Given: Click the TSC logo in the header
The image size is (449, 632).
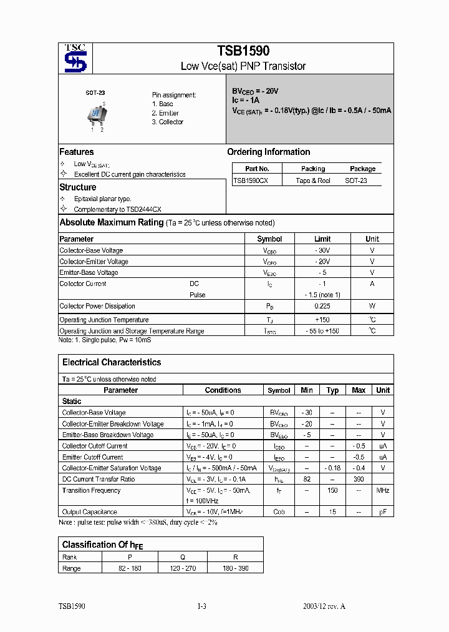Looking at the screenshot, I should click(x=76, y=59).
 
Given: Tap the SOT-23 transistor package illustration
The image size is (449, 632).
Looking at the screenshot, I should click(x=97, y=115).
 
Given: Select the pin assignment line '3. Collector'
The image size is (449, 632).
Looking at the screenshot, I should click(x=167, y=122).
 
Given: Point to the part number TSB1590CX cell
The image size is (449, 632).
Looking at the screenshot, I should click(x=251, y=180).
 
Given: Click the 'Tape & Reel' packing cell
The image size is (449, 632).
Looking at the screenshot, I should click(x=313, y=180).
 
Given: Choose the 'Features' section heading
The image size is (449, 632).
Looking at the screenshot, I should click(x=77, y=152).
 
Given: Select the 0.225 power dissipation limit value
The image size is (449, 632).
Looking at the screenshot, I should click(x=322, y=306).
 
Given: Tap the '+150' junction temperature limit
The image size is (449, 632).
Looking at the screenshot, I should click(x=322, y=320).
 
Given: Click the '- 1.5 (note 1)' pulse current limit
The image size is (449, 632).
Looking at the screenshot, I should click(x=322, y=295).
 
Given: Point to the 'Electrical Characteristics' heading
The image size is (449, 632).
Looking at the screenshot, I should click(x=112, y=362).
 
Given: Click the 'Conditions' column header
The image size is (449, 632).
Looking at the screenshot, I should click(x=223, y=390).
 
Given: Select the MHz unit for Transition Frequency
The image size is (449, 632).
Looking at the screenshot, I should click(x=383, y=491).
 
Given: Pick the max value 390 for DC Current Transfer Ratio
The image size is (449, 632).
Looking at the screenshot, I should click(x=359, y=480).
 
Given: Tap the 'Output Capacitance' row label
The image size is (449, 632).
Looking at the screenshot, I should click(x=90, y=512).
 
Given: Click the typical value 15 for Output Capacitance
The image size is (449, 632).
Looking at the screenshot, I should click(x=332, y=512).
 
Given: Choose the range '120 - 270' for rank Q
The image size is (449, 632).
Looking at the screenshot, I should click(x=183, y=568).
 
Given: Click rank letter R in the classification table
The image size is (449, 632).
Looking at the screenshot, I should click(x=234, y=557).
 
